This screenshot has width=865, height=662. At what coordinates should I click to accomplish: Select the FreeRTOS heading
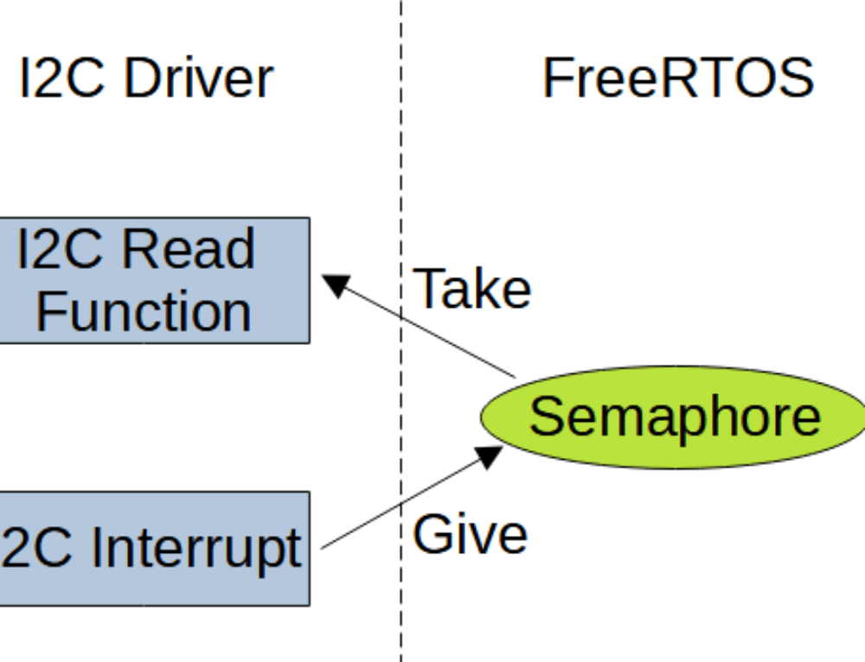[x=678, y=78]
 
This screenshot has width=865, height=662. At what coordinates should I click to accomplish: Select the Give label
[x=471, y=534]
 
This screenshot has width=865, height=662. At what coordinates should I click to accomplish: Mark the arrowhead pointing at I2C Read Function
[x=334, y=284]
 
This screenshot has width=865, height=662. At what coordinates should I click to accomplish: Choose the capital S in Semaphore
[x=545, y=416]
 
